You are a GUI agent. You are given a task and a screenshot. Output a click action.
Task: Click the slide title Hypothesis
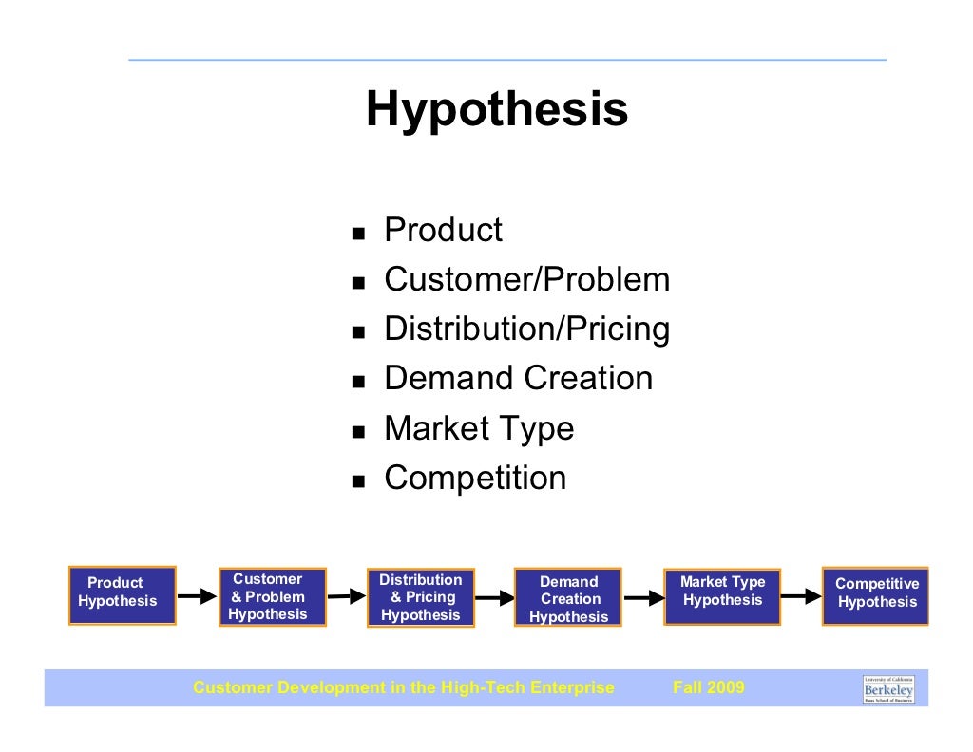(x=497, y=109)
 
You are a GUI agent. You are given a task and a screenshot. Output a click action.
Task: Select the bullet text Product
(x=443, y=231)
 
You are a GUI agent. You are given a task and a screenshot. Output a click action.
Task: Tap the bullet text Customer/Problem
(x=526, y=280)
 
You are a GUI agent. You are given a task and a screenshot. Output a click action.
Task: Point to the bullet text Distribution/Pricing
(x=526, y=329)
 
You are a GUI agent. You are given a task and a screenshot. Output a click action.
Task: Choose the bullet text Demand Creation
(x=518, y=379)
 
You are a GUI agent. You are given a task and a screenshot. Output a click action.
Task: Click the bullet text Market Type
(x=479, y=428)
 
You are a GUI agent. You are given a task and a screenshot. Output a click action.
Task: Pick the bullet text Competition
(x=475, y=478)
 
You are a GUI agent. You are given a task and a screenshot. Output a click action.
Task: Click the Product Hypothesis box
(x=123, y=595)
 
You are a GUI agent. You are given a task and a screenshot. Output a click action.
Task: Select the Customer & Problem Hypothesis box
(x=271, y=597)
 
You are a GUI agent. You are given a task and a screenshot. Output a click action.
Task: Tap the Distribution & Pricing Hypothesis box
(x=420, y=598)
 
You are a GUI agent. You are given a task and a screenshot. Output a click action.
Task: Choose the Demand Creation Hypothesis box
(x=568, y=598)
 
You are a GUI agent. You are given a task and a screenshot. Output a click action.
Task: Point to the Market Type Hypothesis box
(x=722, y=596)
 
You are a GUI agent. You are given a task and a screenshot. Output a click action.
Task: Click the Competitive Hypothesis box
(x=875, y=595)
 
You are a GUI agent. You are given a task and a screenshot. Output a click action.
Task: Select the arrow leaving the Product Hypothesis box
(x=197, y=597)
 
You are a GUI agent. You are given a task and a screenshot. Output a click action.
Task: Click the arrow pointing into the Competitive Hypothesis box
(x=800, y=597)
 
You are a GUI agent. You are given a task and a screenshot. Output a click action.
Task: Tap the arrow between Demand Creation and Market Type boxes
(x=643, y=598)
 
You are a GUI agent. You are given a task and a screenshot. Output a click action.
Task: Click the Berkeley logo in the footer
(x=888, y=688)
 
